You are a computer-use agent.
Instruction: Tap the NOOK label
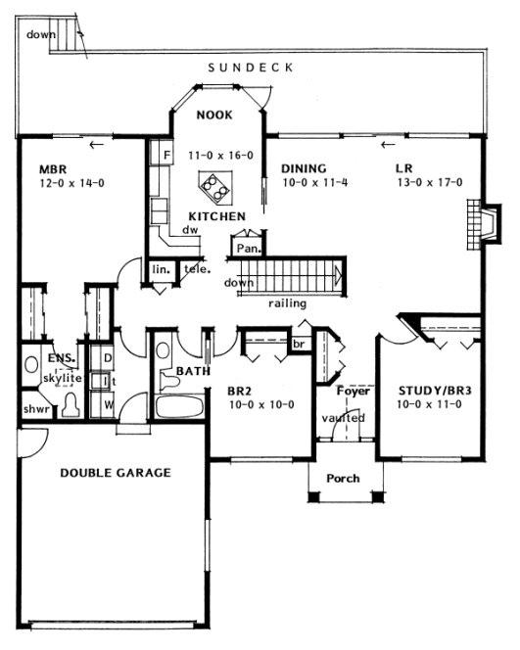click(x=213, y=115)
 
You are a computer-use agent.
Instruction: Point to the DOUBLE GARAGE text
click(x=115, y=473)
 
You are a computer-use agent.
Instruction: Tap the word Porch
click(x=342, y=478)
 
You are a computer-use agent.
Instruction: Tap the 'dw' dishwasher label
click(x=190, y=231)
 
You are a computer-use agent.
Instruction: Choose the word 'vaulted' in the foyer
click(x=343, y=418)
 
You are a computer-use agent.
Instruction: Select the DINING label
click(x=303, y=167)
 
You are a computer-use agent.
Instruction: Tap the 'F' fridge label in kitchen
click(x=167, y=155)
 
